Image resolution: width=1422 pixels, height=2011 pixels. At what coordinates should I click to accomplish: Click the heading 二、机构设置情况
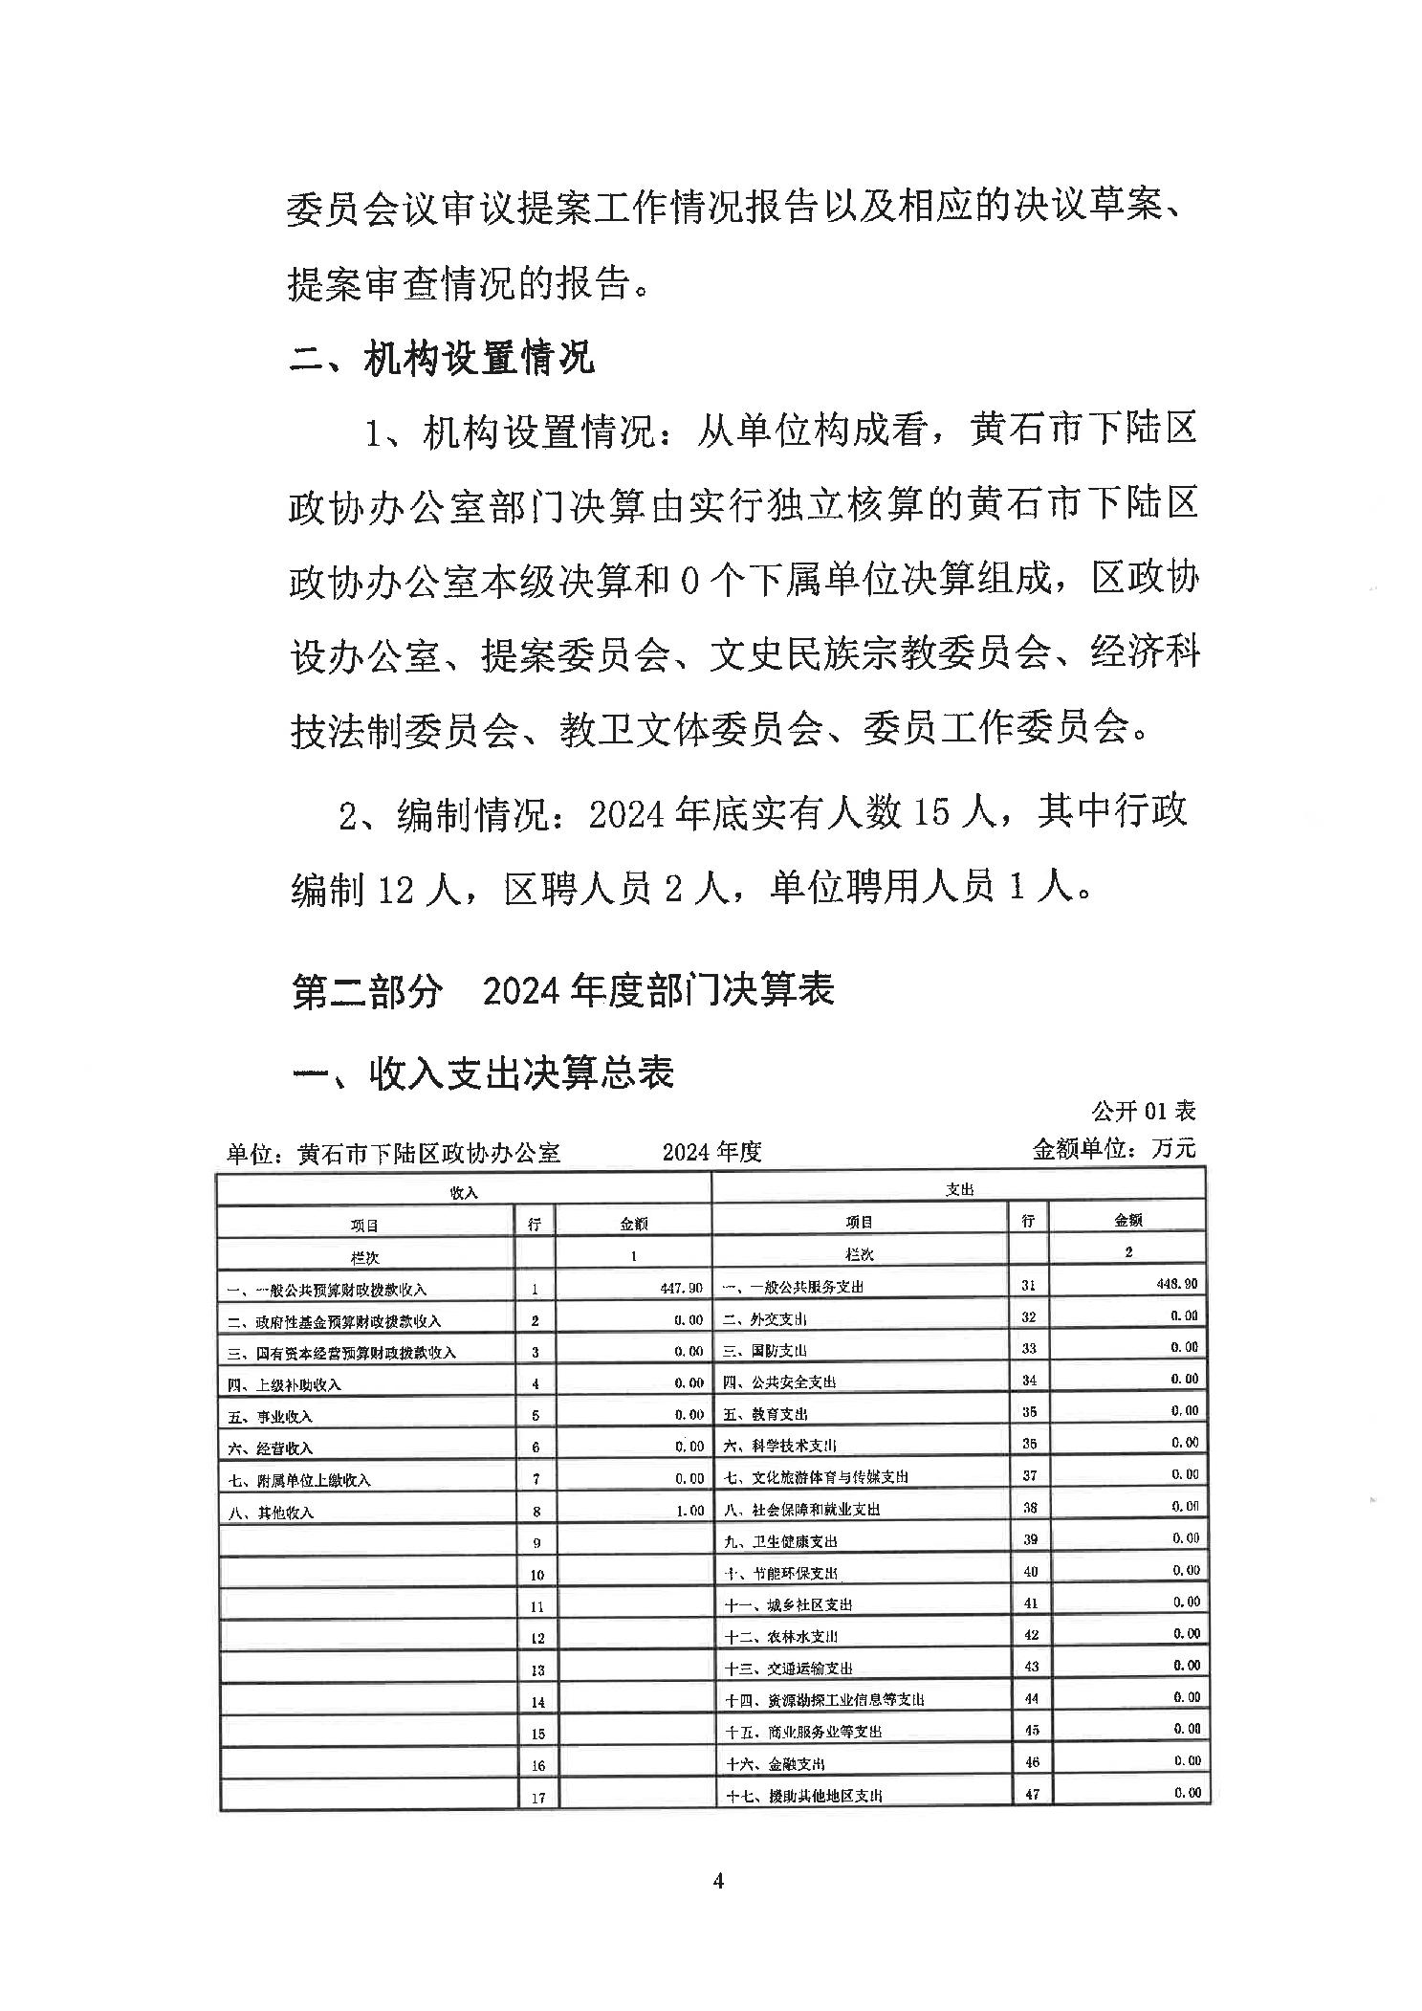(441, 359)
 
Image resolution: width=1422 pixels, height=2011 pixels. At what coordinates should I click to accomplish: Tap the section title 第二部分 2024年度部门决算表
(562, 989)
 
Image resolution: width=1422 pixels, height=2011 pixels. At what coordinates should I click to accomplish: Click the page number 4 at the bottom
(718, 1881)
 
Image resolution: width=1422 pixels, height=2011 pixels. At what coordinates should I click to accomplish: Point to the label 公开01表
(1143, 1111)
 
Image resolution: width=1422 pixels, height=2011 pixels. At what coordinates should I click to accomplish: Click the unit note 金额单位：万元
(1113, 1148)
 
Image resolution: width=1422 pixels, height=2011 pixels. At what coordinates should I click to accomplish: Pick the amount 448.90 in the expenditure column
(1177, 1284)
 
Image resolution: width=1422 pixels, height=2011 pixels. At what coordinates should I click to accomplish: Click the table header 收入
(464, 1193)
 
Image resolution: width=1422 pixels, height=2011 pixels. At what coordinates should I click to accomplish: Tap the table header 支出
(959, 1189)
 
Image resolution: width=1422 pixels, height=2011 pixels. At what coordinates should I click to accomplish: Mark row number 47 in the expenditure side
(1031, 1794)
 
